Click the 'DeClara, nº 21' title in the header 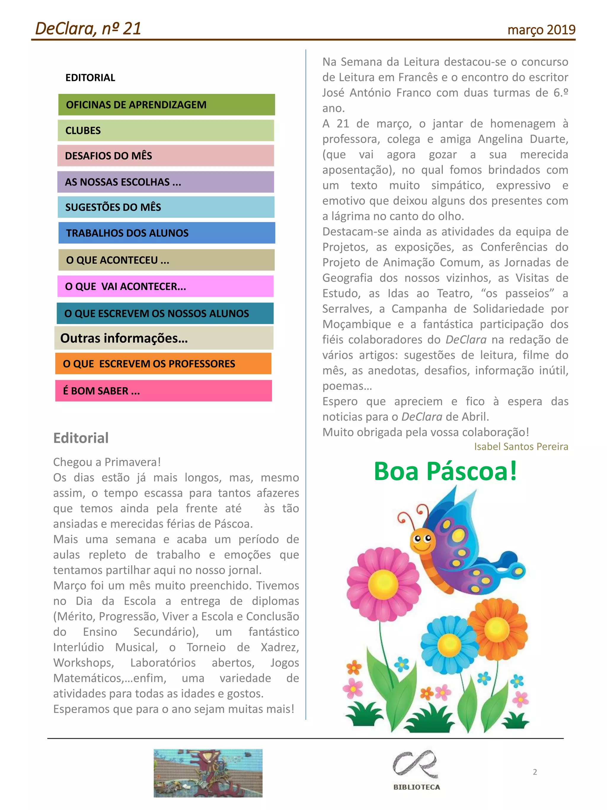click(88, 28)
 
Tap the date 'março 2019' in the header click(541, 30)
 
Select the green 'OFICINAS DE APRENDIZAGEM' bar click(167, 105)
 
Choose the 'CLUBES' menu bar click(166, 130)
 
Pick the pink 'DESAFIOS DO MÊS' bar click(165, 156)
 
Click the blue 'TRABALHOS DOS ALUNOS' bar click(167, 233)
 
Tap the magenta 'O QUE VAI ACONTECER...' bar click(165, 286)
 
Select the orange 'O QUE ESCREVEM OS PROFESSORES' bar click(163, 364)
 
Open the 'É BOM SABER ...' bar click(163, 391)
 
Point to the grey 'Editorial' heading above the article click(81, 438)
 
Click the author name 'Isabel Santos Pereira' click(521, 446)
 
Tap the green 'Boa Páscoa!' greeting click(445, 471)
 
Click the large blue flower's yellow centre click(449, 644)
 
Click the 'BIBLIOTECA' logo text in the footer click(416, 787)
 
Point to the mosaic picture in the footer click(208, 773)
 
